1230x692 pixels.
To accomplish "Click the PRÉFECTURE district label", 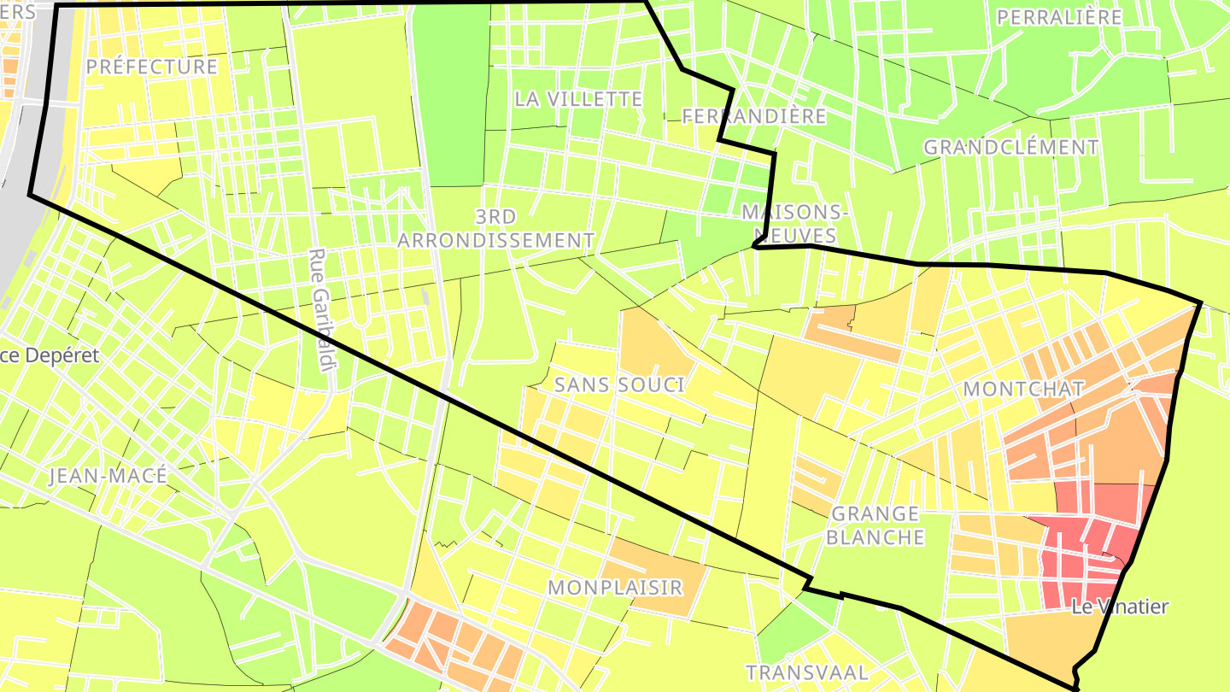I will pyautogui.click(x=152, y=67).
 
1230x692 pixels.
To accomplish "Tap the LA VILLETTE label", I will pyautogui.click(x=578, y=99).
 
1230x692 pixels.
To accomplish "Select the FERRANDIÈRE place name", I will pyautogui.click(x=754, y=116).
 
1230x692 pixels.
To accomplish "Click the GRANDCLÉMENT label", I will pyautogui.click(x=1010, y=147).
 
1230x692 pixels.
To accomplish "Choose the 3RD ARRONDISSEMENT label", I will pyautogui.click(x=495, y=228).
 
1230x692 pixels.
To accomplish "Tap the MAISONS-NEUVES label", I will pyautogui.click(x=794, y=223).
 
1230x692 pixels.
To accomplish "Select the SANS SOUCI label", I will pyautogui.click(x=619, y=384).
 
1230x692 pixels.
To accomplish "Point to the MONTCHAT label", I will pyautogui.click(x=1023, y=389).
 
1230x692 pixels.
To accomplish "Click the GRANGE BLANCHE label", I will pyautogui.click(x=876, y=525).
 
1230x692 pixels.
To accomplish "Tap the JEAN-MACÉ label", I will pyautogui.click(x=108, y=476).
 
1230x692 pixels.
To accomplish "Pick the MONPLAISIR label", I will pyautogui.click(x=615, y=588).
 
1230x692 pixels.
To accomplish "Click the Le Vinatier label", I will pyautogui.click(x=1119, y=607).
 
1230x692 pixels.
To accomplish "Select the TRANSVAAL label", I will pyautogui.click(x=807, y=672).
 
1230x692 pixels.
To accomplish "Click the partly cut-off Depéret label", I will pyautogui.click(x=50, y=355).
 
